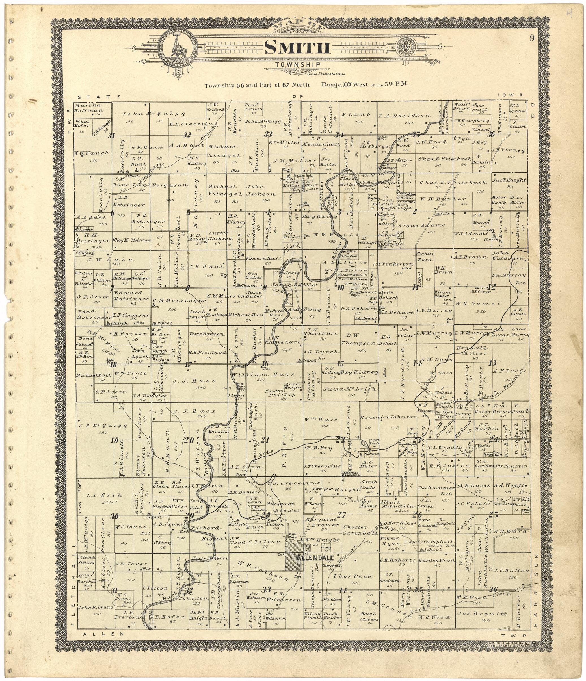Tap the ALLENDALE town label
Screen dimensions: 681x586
coord(315,558)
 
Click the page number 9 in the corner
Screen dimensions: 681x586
coord(532,38)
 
